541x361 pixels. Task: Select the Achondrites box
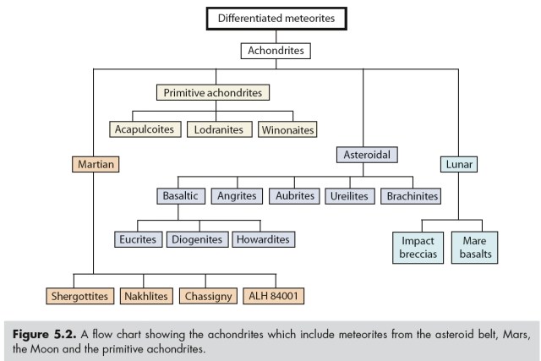pyautogui.click(x=276, y=52)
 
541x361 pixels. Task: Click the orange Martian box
pyautogui.click(x=94, y=161)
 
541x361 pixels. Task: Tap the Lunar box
pyautogui.click(x=458, y=161)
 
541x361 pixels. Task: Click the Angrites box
pyautogui.click(x=237, y=196)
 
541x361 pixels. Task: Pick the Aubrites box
pyautogui.click(x=292, y=196)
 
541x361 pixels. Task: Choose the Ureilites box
pyautogui.click(x=347, y=196)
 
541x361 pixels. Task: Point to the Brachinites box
pyautogui.click(x=412, y=196)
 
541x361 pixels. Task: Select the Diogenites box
pyautogui.click(x=198, y=239)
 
